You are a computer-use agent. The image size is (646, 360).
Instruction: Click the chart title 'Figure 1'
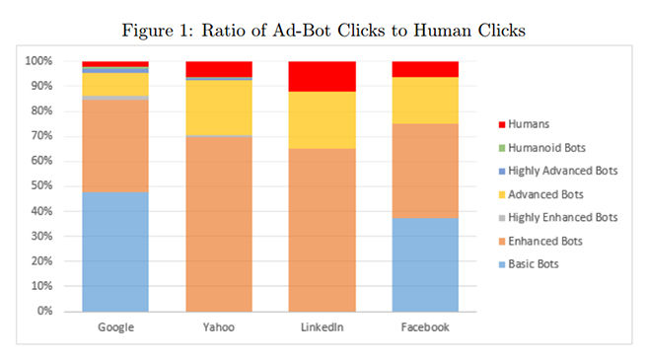click(323, 31)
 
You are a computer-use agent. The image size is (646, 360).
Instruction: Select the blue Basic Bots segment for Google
click(115, 252)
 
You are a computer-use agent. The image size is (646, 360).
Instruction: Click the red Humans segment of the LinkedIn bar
click(322, 76)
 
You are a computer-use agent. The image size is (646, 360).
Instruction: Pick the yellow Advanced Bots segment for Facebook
click(424, 100)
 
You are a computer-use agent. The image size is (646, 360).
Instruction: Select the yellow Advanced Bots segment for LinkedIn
click(322, 119)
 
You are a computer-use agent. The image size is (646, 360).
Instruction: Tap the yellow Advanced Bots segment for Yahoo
click(219, 108)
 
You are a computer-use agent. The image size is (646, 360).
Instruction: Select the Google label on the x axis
click(115, 326)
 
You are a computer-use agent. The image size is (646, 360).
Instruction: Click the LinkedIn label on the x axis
click(322, 326)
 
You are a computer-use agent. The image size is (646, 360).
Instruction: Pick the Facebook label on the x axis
click(424, 326)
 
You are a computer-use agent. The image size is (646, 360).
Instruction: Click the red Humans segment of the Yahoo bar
click(219, 68)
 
